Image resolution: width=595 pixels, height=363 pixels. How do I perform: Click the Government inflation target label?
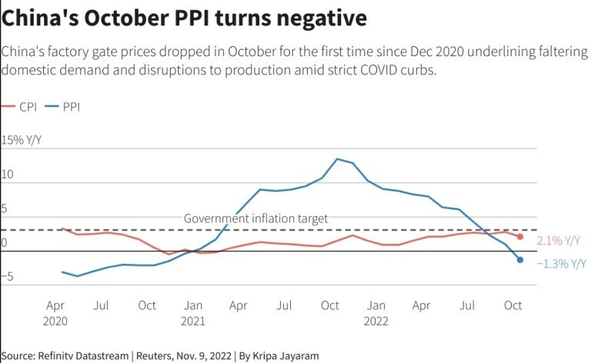tap(256, 218)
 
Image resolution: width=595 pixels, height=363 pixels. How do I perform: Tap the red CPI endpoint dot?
tap(520, 237)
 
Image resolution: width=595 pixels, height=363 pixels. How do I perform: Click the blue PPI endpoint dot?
tap(520, 260)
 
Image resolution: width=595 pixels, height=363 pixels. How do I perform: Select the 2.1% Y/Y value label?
tap(557, 241)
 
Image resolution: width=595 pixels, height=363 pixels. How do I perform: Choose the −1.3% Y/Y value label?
tap(561, 263)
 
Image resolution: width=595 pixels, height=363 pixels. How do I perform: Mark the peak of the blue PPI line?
tap(337, 158)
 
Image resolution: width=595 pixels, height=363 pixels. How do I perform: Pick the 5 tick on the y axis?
tap(5, 209)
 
